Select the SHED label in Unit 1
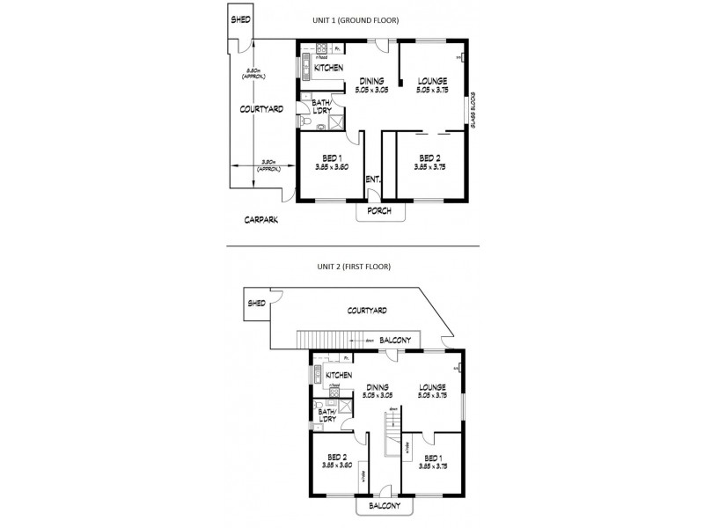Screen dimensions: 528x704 [240, 19]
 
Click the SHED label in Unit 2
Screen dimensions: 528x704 [256, 303]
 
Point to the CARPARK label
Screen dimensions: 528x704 [262, 220]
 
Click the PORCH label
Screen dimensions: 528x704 [379, 211]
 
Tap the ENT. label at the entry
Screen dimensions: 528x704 [373, 180]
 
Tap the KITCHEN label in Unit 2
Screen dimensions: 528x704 [339, 376]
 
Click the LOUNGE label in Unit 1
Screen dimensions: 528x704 [433, 81]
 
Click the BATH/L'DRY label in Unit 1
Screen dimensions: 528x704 [321, 106]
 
